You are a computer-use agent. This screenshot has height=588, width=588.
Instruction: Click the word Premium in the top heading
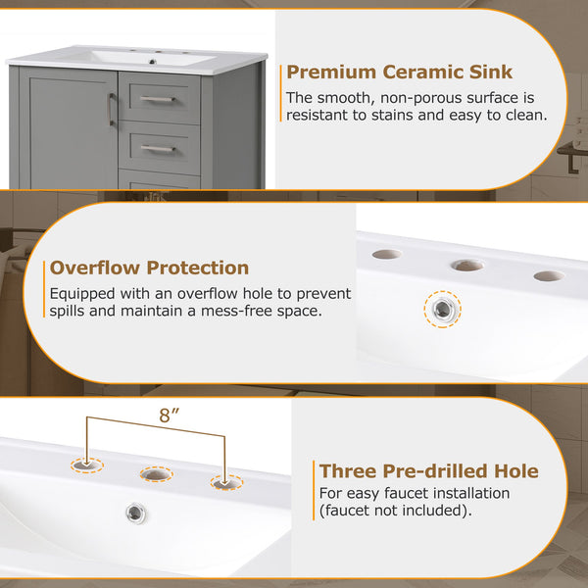click(x=331, y=73)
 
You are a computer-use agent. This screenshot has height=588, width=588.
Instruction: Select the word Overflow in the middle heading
click(x=94, y=268)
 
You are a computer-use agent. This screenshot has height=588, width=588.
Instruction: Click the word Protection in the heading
click(x=198, y=268)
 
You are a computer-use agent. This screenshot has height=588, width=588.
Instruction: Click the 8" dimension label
click(x=169, y=416)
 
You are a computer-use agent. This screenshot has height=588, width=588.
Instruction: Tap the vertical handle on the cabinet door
click(x=111, y=109)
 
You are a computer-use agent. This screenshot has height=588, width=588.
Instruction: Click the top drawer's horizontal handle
click(x=158, y=99)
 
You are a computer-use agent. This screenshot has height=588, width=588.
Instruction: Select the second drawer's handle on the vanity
click(x=158, y=149)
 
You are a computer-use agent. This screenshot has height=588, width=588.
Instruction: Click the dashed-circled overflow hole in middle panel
click(x=443, y=310)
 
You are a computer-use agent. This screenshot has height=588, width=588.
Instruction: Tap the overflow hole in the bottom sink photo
click(x=136, y=513)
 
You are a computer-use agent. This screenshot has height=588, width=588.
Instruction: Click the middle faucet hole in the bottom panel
click(x=157, y=474)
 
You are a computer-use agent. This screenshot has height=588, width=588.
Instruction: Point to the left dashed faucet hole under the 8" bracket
click(x=87, y=465)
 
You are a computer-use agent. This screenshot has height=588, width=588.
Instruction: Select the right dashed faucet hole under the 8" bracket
click(x=226, y=482)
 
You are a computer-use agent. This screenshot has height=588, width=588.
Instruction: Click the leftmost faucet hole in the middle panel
click(x=387, y=254)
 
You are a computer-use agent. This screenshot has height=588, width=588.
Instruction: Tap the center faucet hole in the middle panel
click(x=467, y=266)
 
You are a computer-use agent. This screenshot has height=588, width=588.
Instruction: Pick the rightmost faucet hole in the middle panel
click(x=549, y=276)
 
